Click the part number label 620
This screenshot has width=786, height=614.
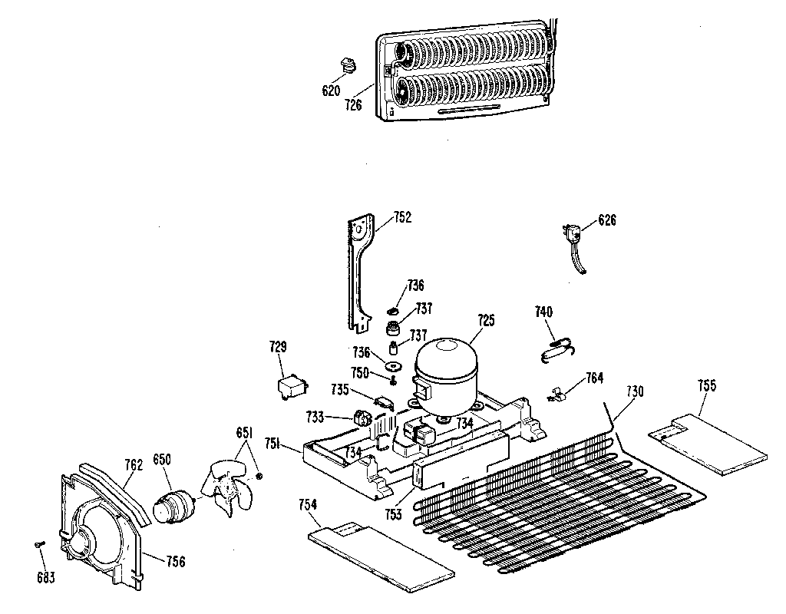pos(331,91)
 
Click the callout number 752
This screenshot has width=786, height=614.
pos(402,217)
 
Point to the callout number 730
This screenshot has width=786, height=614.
pos(634,391)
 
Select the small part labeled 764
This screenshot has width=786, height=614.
pos(557,396)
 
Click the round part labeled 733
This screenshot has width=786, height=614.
pos(362,419)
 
